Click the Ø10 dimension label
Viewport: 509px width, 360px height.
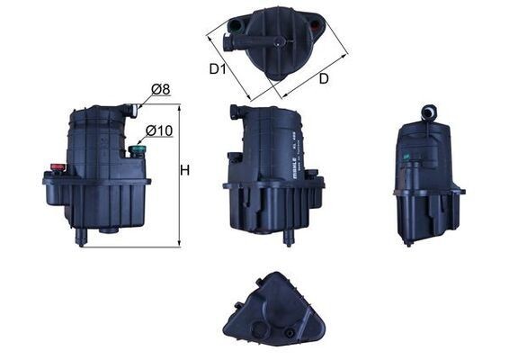[159, 130]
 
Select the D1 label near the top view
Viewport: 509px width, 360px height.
[218, 68]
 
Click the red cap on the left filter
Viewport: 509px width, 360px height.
[58, 166]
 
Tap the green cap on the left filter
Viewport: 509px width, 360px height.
[138, 150]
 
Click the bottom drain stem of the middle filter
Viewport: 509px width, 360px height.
[289, 238]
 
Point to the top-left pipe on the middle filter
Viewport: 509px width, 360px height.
[236, 112]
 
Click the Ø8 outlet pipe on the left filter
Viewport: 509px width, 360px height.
[131, 111]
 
